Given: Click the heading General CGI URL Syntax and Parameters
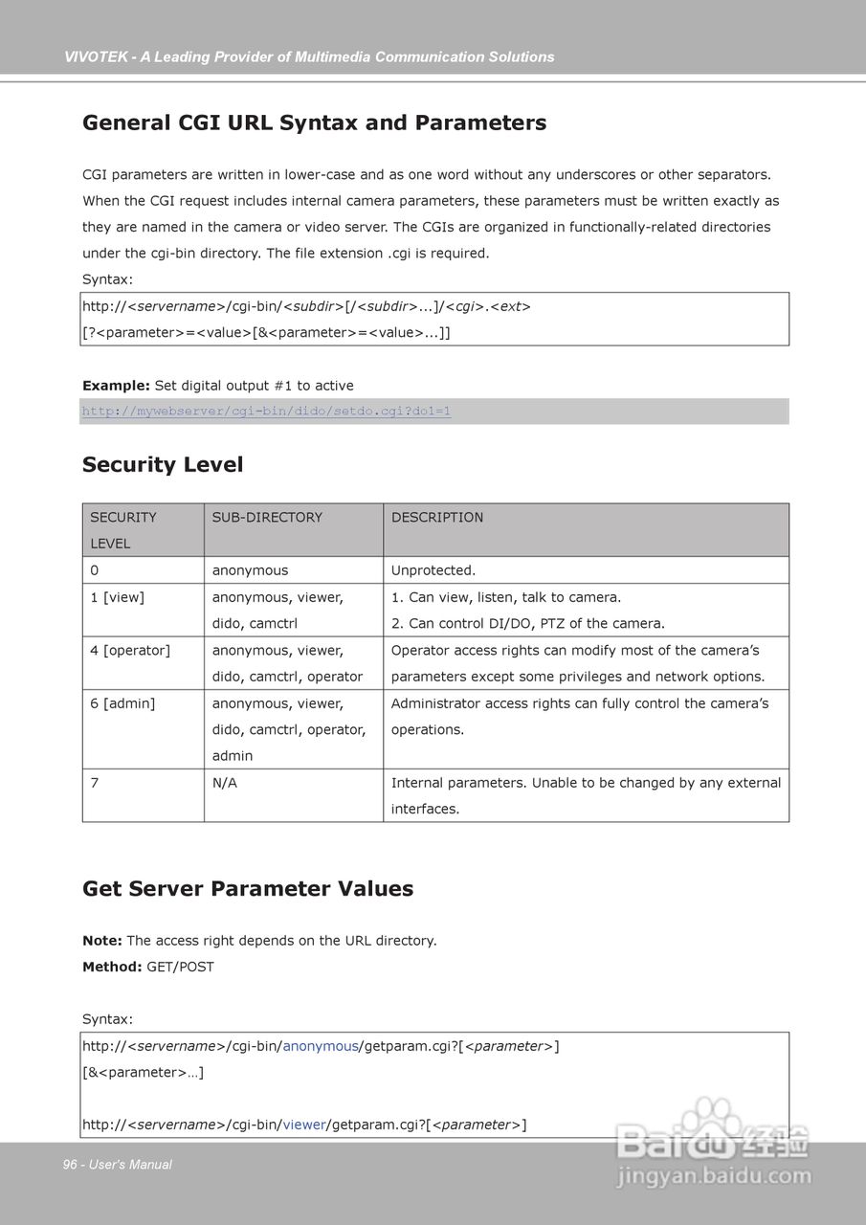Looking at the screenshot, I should point(314,123).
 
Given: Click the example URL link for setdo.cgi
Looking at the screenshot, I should point(266,412).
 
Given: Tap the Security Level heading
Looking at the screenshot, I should point(163,465).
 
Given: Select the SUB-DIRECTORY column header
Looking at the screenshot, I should point(267,518).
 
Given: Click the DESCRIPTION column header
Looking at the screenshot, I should point(437,518).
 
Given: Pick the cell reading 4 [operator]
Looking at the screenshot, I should point(130,651).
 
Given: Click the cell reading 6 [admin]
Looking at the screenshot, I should point(122,703).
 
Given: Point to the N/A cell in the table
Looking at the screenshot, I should point(225,783).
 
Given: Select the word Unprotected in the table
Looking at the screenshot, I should point(433,570).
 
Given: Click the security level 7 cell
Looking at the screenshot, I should point(95,783).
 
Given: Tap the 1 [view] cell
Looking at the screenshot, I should point(117,597).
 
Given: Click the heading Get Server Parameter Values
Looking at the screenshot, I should point(248,889).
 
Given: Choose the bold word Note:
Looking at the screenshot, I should point(102,941).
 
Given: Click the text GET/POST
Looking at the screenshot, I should point(180,968).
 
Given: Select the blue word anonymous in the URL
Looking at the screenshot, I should point(320,1046).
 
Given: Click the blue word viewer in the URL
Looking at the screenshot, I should point(304,1125).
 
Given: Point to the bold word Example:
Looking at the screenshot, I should point(116,386).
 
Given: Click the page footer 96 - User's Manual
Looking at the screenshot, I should point(118,1165).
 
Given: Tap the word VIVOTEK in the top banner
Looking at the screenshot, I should point(96,57).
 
